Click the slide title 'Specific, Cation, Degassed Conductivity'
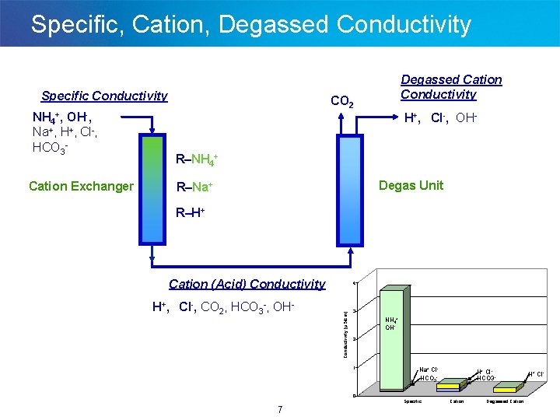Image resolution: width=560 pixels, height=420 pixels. click(x=250, y=24)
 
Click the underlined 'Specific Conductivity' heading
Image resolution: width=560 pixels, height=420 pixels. click(x=104, y=96)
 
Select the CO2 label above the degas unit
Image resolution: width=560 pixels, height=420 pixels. click(x=343, y=101)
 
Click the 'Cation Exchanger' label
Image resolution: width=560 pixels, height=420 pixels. click(x=81, y=186)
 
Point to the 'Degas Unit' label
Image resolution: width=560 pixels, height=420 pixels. click(x=411, y=185)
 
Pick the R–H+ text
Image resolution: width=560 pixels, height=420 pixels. click(x=191, y=212)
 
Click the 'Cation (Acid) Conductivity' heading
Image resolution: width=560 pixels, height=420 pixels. click(x=247, y=284)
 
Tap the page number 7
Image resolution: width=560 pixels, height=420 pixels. click(x=279, y=410)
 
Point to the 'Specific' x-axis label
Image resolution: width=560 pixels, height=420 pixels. click(x=413, y=401)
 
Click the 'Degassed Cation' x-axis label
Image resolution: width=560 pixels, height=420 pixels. click(x=506, y=401)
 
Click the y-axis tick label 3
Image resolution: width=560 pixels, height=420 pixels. click(x=355, y=311)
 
